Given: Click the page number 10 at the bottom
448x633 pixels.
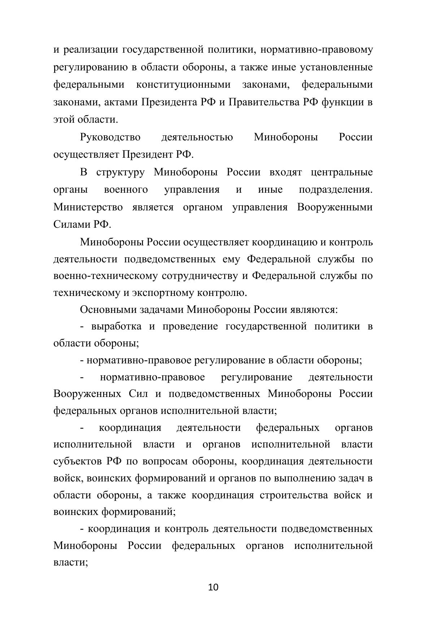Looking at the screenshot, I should pyautogui.click(x=213, y=587).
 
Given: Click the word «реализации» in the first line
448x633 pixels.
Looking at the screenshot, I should pyautogui.click(x=91, y=50).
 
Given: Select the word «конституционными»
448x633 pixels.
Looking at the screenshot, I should pyautogui.click(x=183, y=85).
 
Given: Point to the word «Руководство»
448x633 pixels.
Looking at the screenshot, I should pyautogui.click(x=110, y=137).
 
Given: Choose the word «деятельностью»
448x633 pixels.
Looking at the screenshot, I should pyautogui.click(x=197, y=137).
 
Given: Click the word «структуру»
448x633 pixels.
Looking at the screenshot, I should pyautogui.click(x=121, y=173).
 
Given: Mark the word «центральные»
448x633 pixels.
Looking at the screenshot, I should pyautogui.click(x=342, y=173).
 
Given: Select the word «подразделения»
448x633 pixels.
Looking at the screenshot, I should pyautogui.click(x=335, y=190).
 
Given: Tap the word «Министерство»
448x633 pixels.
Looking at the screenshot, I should pyautogui.click(x=88, y=208).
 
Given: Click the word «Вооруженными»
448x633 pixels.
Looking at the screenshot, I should pyautogui.click(x=335, y=208).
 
